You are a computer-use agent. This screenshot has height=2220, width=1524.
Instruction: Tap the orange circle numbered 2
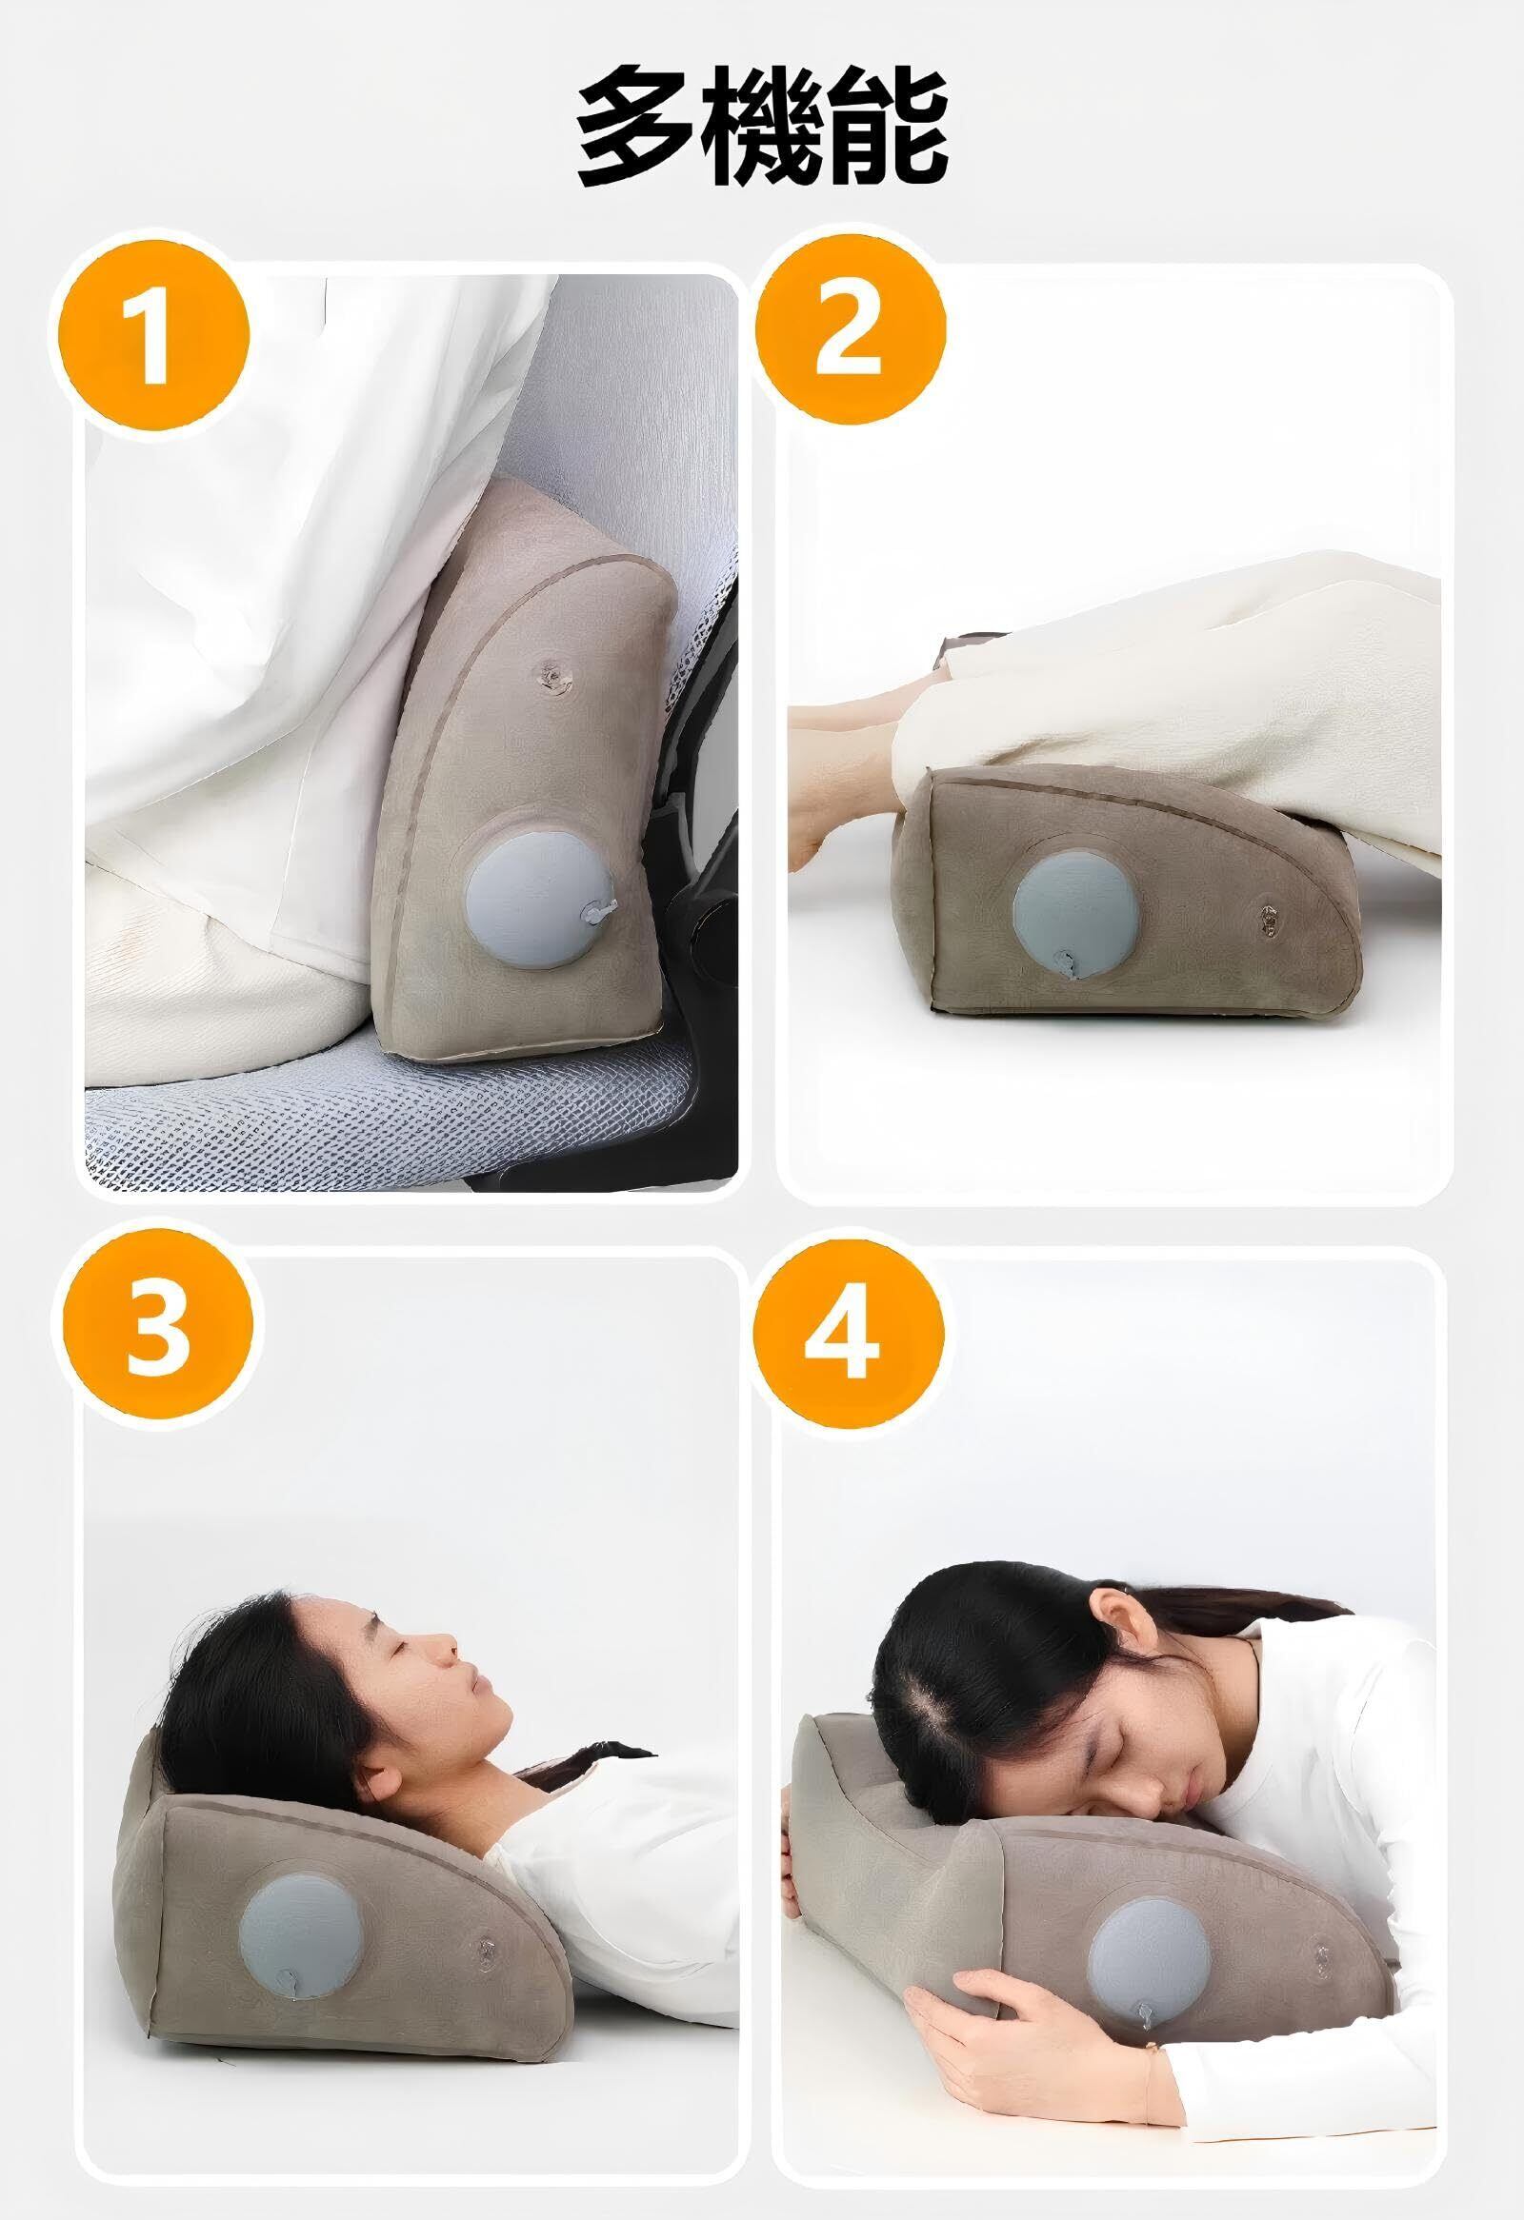850,330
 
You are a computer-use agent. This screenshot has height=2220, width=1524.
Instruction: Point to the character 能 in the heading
887,127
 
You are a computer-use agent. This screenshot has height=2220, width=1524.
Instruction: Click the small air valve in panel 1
551,675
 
